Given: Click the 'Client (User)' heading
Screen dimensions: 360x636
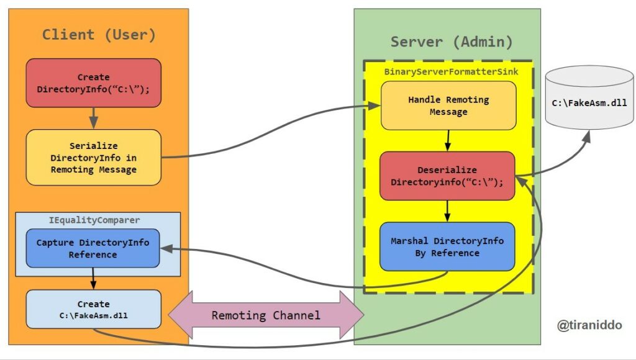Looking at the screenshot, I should [x=99, y=34].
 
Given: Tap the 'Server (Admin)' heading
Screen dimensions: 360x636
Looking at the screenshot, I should [x=452, y=42].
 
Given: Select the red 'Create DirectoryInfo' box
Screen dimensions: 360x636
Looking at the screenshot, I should [x=93, y=83].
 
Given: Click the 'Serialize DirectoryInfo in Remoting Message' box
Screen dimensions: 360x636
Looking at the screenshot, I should [x=93, y=157].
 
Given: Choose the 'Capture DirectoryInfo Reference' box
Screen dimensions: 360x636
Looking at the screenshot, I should [x=93, y=248].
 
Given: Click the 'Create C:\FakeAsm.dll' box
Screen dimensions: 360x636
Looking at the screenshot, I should [x=93, y=309].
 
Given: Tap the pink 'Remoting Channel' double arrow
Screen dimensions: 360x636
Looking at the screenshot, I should [x=266, y=315].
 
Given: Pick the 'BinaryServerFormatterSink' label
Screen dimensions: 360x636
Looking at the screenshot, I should [x=450, y=71].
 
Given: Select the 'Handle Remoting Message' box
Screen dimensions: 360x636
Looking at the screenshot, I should [x=448, y=106].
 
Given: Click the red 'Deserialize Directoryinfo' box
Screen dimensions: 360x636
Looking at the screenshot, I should [x=447, y=176].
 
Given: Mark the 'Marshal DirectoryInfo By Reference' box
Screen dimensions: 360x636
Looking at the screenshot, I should [x=447, y=246].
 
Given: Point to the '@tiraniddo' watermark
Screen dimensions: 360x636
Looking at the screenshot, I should [x=589, y=325].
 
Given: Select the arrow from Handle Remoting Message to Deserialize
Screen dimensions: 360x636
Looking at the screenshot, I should [x=448, y=141].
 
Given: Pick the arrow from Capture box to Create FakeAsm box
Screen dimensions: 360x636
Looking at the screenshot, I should [x=93, y=279].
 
